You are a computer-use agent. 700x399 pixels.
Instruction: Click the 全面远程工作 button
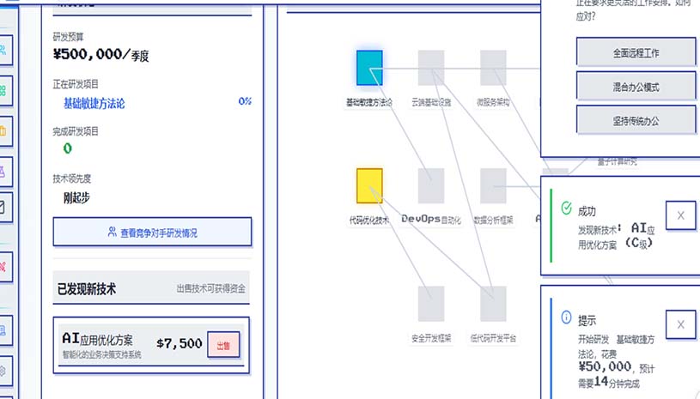tap(636, 52)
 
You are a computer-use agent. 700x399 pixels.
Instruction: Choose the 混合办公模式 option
tap(636, 87)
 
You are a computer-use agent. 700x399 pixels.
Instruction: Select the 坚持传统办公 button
tap(636, 121)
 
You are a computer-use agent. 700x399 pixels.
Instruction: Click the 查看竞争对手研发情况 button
tap(152, 232)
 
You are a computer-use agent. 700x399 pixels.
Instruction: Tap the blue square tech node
tap(369, 68)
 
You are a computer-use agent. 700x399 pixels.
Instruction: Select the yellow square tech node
tap(369, 185)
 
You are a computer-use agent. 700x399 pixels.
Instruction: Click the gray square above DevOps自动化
tap(431, 185)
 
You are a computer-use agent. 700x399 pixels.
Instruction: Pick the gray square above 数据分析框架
tap(493, 185)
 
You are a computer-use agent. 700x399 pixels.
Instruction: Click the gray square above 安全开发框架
tap(431, 304)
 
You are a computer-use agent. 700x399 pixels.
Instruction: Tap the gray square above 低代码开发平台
tap(493, 304)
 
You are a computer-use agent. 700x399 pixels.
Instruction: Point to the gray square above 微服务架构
tap(493, 68)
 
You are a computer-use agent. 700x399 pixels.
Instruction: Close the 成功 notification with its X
tap(680, 216)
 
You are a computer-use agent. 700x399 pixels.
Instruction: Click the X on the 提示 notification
tap(680, 324)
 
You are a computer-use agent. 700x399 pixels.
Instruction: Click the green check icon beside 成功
tap(566, 208)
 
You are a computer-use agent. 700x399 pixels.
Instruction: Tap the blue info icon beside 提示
tap(566, 317)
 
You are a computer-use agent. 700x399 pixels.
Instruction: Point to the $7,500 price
tap(179, 343)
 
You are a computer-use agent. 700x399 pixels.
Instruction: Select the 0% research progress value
tap(245, 101)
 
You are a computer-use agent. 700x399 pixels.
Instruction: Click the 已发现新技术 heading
tap(87, 289)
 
